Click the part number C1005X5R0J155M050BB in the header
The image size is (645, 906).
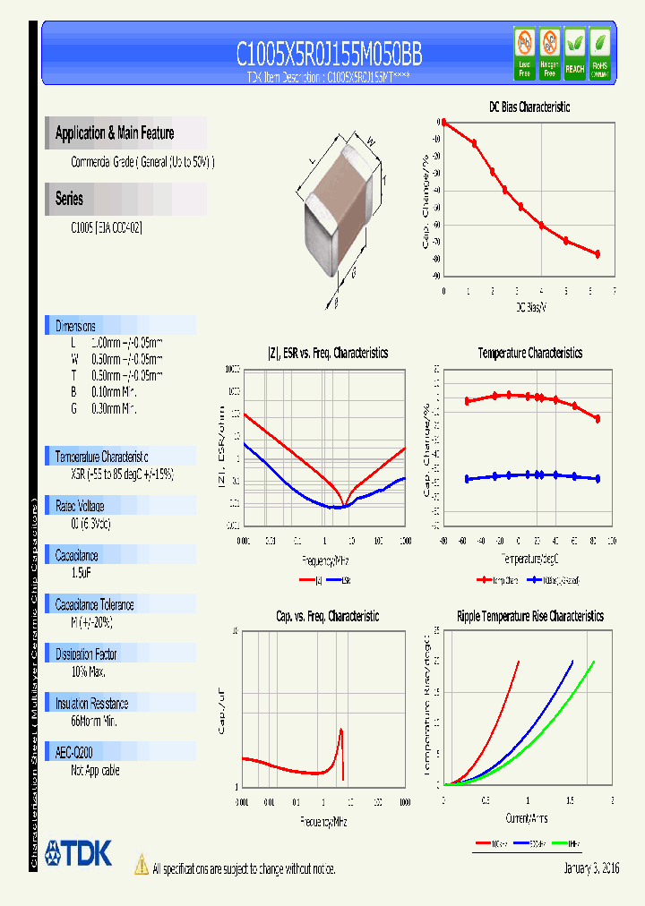pos(329,55)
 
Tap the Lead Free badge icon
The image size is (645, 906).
pos(525,51)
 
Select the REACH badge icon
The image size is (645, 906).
pos(574,51)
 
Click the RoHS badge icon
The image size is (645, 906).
pos(600,51)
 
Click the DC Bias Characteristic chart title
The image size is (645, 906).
pos(529,107)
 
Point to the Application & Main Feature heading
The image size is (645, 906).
pos(115,133)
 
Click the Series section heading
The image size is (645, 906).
pos(69,199)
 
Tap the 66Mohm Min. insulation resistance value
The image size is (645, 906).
pos(94,721)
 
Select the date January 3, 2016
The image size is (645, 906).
pos(591,868)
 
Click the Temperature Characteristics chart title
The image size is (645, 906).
pos(529,354)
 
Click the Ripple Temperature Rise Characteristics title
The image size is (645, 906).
pos(529,616)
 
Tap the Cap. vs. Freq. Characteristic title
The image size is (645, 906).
pos(327,616)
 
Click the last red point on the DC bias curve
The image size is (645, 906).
pos(598,254)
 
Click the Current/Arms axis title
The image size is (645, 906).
pos(527,818)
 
